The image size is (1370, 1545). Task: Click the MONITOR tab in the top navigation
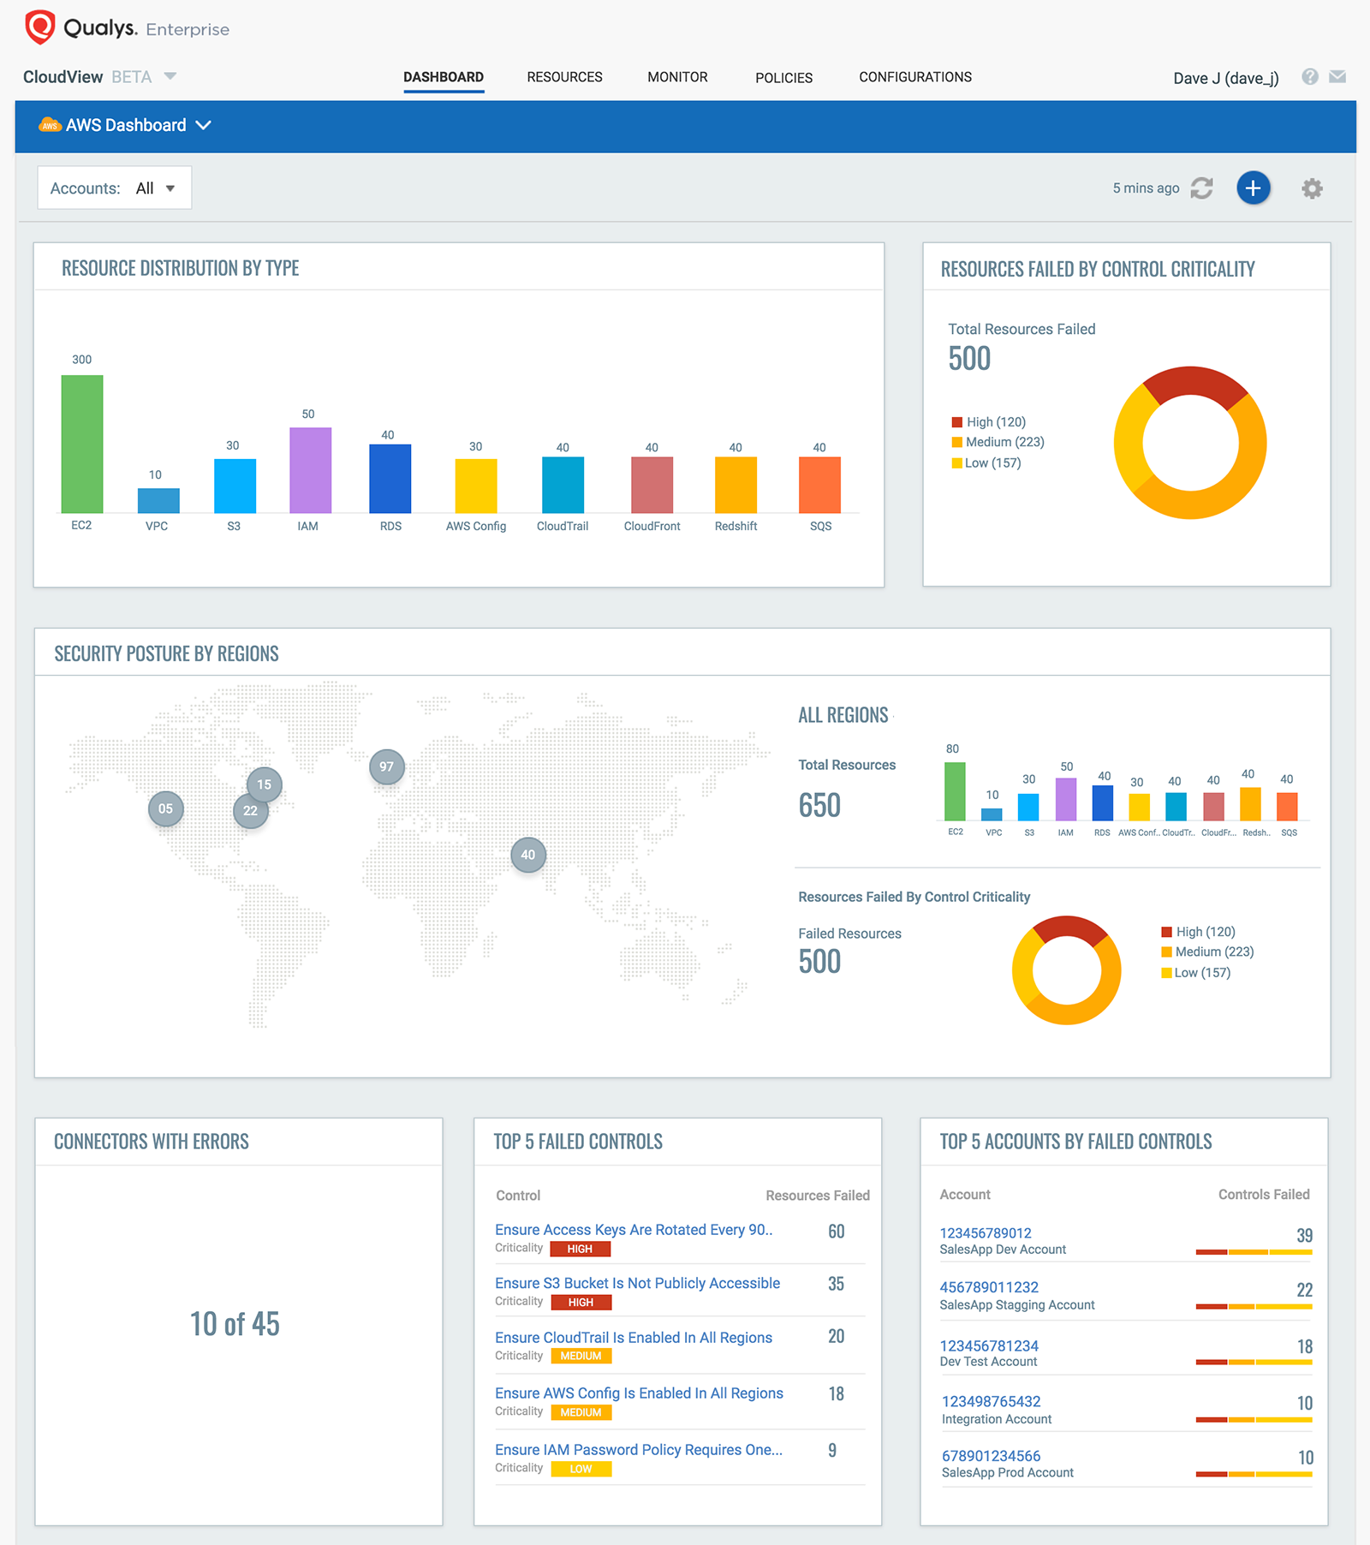677,77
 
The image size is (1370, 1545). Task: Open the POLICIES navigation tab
783,78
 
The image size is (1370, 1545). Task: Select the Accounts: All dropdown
114,188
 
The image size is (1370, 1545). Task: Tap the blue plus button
1253,188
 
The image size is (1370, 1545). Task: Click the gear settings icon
1312,188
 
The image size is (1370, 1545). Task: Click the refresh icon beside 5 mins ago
1202,188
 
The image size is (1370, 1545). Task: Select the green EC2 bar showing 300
82,444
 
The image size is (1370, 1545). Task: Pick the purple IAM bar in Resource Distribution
310,470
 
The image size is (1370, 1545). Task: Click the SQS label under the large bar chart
820,526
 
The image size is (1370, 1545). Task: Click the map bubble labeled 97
387,767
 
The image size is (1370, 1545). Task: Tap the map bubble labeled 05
166,808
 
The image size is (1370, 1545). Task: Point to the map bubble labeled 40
528,855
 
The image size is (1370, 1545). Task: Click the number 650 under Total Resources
819,805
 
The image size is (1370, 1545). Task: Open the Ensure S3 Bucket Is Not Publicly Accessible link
637,1283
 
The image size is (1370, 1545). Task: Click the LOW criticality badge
581,1469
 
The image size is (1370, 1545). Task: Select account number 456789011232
989,1287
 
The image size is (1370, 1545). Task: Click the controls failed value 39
1304,1235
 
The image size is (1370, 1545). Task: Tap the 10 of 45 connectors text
235,1324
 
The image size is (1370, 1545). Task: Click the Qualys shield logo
39,27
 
